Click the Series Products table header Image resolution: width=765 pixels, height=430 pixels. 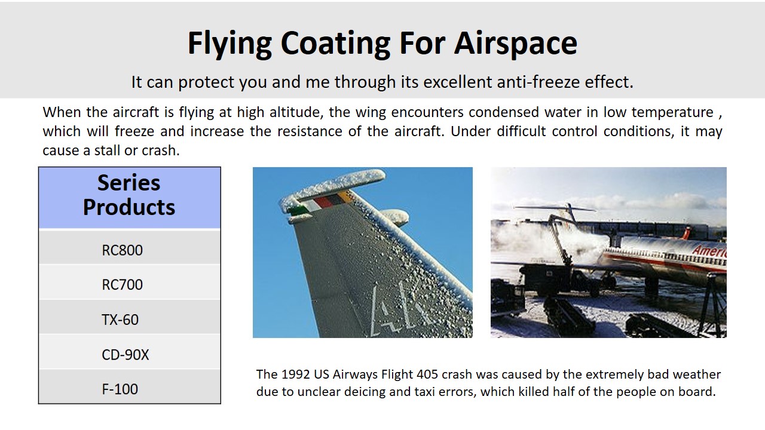(129, 195)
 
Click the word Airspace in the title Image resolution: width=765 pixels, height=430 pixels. (515, 44)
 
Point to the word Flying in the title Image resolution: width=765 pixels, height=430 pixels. (229, 44)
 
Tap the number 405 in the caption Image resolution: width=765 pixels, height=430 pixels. (427, 374)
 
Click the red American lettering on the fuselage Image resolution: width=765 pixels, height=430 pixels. (709, 251)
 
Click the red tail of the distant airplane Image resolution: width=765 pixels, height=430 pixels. (686, 234)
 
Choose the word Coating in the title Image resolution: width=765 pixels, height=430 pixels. (335, 44)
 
